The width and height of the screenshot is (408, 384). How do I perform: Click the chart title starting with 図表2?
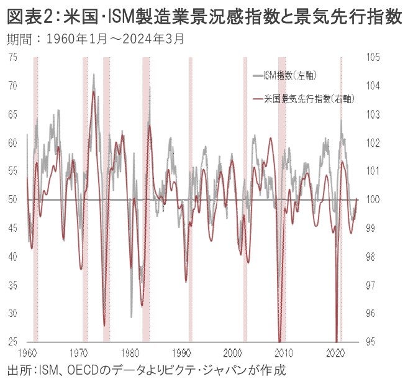[x=204, y=17]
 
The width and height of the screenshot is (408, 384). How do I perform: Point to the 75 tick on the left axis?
[x=12, y=57]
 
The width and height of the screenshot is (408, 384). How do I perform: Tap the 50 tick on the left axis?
[x=12, y=199]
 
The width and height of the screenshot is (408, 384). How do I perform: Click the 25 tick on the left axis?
[x=12, y=342]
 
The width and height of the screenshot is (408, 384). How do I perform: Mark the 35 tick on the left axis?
[x=12, y=285]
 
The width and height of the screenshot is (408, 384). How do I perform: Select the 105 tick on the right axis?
[x=373, y=57]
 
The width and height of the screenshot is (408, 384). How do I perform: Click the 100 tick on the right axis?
[x=373, y=199]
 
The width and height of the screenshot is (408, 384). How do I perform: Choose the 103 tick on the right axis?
[x=373, y=114]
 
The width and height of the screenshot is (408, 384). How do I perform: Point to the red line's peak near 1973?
[x=93, y=91]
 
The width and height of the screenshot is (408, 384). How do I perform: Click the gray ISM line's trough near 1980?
[x=131, y=317]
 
